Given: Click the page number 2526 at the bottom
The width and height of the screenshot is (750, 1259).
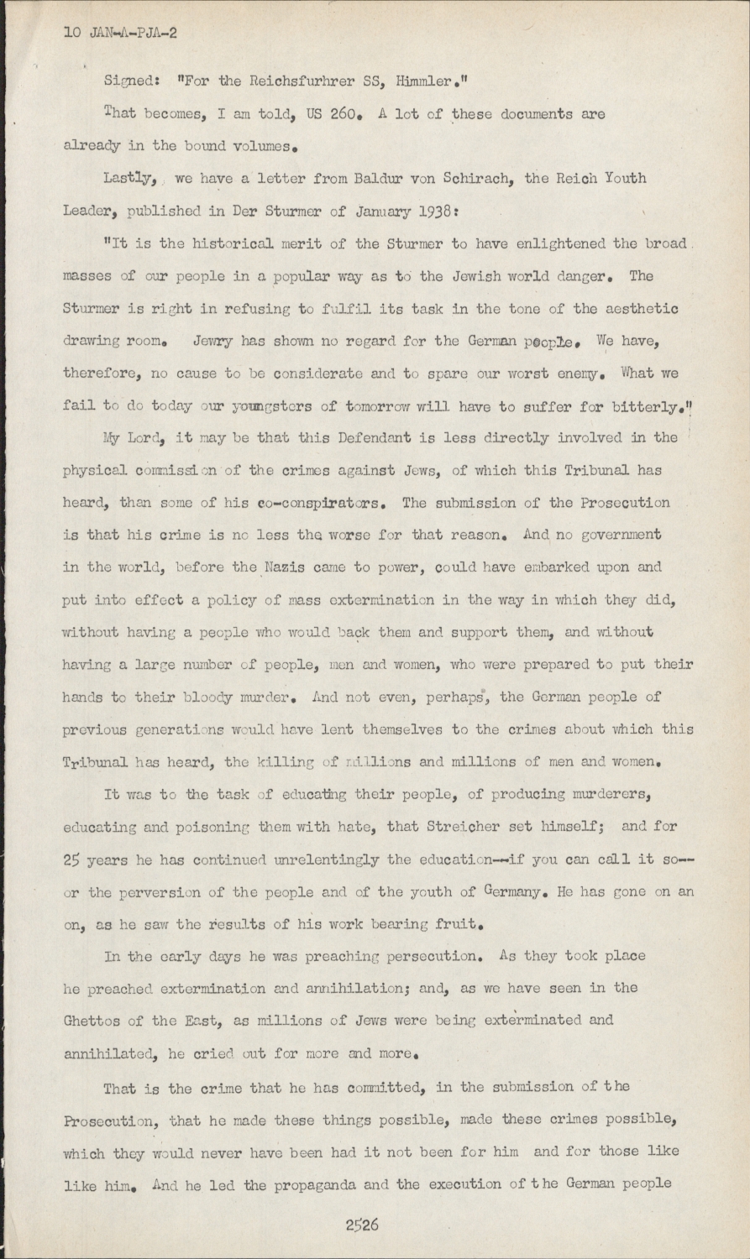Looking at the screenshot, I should tap(362, 1225).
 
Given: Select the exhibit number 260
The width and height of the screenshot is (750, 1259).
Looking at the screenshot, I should tap(345, 114).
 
